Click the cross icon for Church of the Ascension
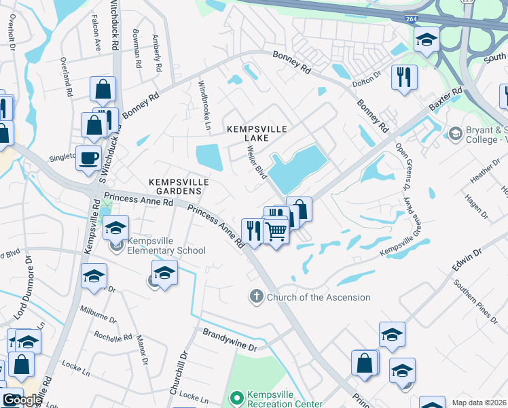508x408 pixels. coord(256,296)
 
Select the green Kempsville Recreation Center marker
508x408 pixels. coord(237,396)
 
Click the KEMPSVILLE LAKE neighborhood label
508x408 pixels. coord(257,133)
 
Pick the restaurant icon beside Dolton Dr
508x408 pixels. coord(404,77)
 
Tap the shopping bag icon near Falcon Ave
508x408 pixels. coord(103,89)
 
